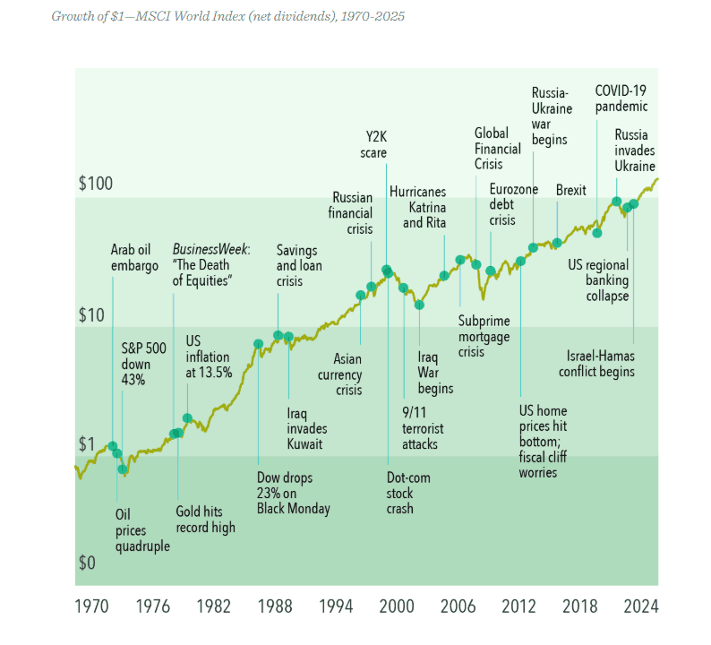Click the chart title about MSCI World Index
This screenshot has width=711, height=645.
(227, 16)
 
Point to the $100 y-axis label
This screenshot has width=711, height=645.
(96, 184)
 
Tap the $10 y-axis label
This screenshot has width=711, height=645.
(91, 314)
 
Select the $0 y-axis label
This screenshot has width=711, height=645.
(87, 563)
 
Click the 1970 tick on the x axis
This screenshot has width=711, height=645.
(91, 606)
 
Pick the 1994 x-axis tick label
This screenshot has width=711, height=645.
(336, 606)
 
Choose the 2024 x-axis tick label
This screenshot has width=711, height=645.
(641, 606)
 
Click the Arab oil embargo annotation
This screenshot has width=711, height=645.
(134, 258)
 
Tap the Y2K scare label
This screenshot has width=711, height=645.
(373, 145)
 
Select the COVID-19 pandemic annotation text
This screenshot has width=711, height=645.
(621, 99)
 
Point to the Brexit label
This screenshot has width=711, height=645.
(571, 190)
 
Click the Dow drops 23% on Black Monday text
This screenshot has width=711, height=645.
(294, 493)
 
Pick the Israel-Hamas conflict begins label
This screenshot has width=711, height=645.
(596, 364)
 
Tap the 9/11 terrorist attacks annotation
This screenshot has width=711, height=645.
(423, 428)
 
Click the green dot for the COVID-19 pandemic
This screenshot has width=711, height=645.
(597, 233)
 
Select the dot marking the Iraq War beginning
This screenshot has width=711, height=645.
(419, 305)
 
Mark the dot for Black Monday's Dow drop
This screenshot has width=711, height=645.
(258, 344)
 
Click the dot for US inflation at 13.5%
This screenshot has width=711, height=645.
(187, 417)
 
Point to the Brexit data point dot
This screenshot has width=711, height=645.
(557, 243)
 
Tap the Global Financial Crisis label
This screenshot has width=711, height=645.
(497, 149)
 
